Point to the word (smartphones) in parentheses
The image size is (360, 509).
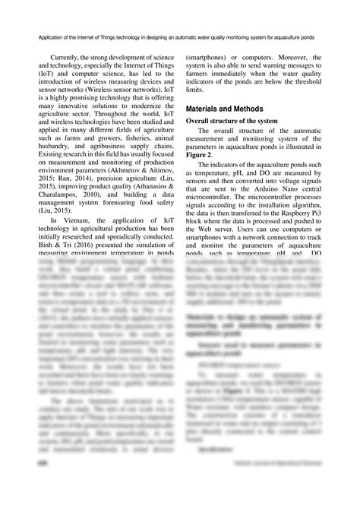[211, 57]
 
